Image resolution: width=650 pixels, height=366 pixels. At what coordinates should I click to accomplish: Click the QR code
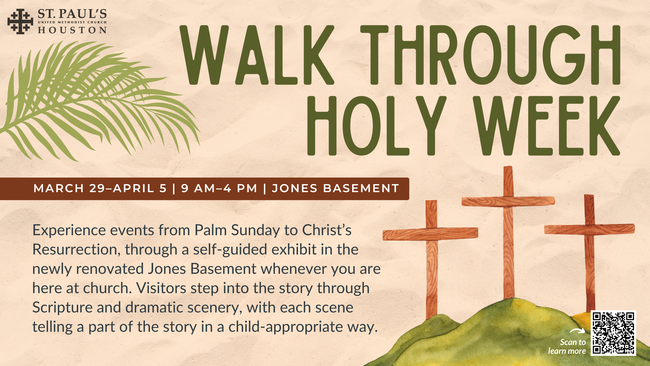click(613, 333)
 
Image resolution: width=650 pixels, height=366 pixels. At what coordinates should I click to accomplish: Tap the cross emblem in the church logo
click(20, 22)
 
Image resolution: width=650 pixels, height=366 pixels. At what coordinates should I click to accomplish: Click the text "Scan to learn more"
click(567, 347)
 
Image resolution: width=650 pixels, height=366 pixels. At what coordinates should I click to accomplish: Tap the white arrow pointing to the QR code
click(577, 331)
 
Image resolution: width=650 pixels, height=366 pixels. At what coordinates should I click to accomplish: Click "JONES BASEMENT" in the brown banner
click(335, 188)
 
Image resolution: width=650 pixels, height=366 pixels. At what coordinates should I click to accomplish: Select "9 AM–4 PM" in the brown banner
click(219, 188)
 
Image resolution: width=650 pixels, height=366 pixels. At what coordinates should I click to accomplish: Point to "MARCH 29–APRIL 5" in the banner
click(100, 188)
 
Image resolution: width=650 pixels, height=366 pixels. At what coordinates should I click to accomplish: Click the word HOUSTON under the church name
click(72, 30)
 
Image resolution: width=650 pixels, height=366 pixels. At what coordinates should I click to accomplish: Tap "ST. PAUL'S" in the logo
click(72, 14)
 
